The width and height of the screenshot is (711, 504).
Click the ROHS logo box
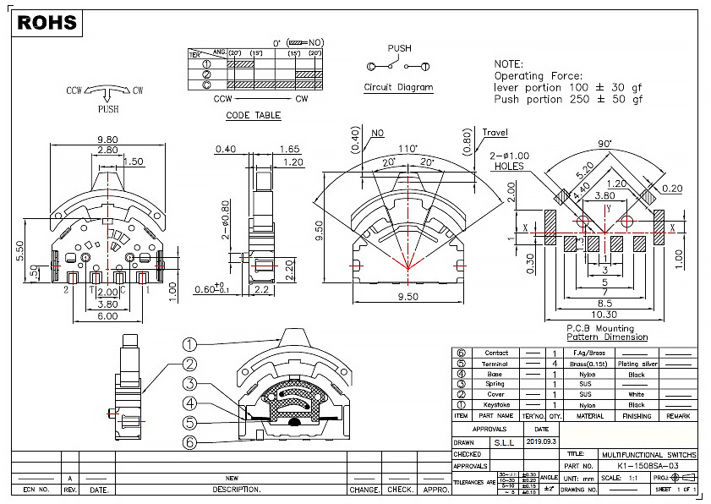(x=47, y=23)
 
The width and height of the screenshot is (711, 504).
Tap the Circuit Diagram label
(x=398, y=87)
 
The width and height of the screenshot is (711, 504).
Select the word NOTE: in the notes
(x=509, y=64)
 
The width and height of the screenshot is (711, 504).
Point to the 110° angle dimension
(x=409, y=149)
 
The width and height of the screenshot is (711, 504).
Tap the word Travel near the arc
(x=496, y=133)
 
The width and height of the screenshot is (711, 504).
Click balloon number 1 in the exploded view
(x=189, y=344)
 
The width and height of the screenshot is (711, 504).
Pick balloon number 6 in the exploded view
(x=189, y=442)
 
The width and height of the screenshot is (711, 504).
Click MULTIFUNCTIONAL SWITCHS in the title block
(x=648, y=454)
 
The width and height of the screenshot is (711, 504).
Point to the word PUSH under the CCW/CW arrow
(x=108, y=109)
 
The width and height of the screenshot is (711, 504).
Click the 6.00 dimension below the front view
(x=107, y=315)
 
